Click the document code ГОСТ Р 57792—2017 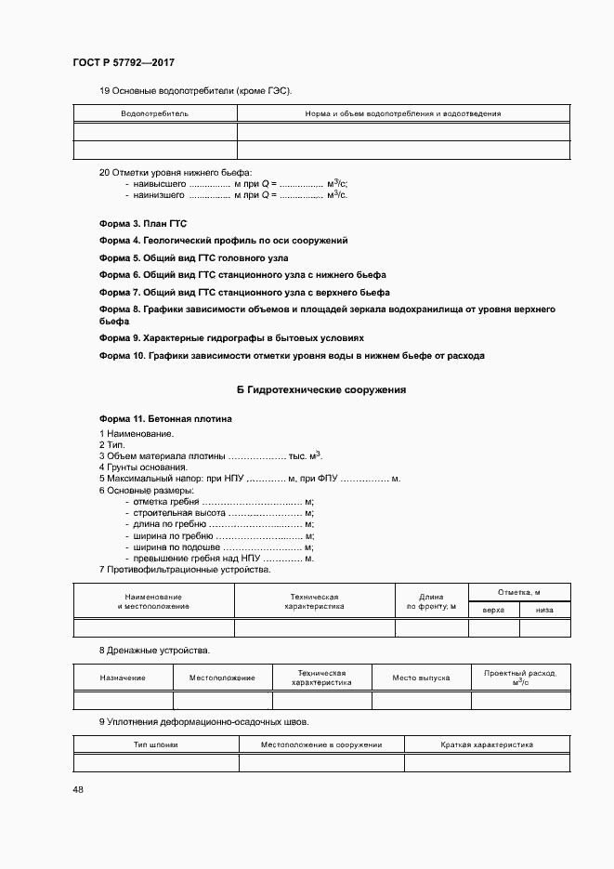pos(123,62)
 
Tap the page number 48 pos(77,789)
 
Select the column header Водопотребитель pos(154,113)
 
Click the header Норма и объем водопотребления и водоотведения pos(402,113)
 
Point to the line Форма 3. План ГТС pos(137,224)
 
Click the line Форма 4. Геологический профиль pos(223,241)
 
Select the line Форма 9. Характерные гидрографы pos(231,337)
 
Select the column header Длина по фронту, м pos(431,601)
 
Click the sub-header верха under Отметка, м pos(493,610)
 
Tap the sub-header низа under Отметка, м pos(544,610)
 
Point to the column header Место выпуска pos(421,678)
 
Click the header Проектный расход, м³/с pos(520,678)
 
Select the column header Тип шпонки pos(156,744)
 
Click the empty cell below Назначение pos(124,701)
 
